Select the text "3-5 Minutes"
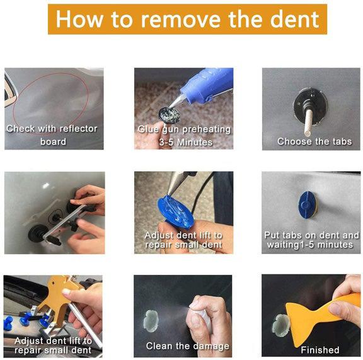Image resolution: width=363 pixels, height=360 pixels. pos(183,142)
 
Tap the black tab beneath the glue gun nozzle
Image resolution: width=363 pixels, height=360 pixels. pos(168,114)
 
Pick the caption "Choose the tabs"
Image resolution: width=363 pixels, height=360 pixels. pos(314,141)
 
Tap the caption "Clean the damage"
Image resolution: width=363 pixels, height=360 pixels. pos(187,345)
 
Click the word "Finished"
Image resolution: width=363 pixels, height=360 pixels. pos(320,349)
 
